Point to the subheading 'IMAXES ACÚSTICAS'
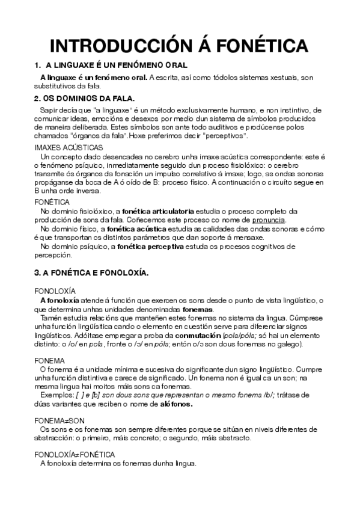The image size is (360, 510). click(x=69, y=147)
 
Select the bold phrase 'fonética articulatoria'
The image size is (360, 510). click(x=158, y=211)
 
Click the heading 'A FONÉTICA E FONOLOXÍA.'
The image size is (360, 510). click(x=91, y=272)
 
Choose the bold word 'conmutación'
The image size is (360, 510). click(x=198, y=334)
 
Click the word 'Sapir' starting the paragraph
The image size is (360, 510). click(x=50, y=111)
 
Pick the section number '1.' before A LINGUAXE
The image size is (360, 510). click(x=37, y=64)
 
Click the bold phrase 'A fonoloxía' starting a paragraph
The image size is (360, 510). click(x=59, y=300)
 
